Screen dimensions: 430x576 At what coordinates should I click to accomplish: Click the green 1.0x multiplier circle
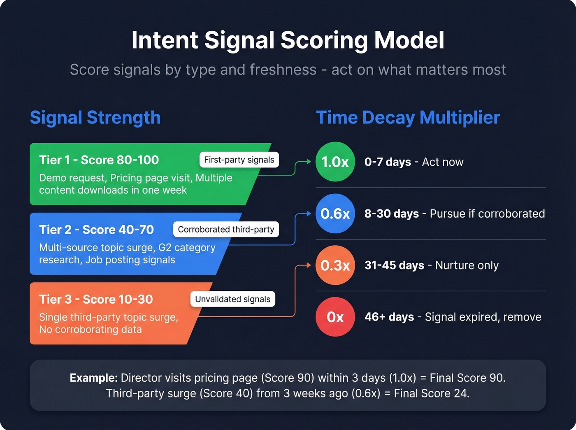(x=335, y=162)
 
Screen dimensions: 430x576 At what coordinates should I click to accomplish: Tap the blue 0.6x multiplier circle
(x=335, y=214)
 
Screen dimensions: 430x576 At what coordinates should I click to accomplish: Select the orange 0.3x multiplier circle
(x=335, y=265)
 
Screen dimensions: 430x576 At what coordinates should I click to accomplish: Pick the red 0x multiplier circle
(x=335, y=317)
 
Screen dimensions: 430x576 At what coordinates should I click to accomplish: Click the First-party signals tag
(x=239, y=160)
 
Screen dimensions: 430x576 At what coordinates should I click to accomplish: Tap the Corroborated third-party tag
(x=226, y=229)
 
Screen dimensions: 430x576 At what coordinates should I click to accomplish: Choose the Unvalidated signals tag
(x=232, y=299)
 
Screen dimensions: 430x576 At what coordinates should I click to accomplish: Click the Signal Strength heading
(x=95, y=118)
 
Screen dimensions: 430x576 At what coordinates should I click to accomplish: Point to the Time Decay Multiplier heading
(x=408, y=118)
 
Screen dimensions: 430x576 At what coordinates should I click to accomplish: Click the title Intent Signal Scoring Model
(x=288, y=40)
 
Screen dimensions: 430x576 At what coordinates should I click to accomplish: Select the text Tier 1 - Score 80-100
(x=99, y=160)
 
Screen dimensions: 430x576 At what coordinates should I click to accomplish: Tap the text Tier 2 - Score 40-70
(x=96, y=230)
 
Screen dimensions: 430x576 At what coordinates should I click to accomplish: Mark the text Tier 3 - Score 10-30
(x=96, y=299)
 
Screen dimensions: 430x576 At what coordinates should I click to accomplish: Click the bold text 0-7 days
(x=388, y=162)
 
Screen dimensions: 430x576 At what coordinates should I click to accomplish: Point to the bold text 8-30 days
(x=391, y=214)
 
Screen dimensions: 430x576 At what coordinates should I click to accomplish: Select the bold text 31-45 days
(x=394, y=265)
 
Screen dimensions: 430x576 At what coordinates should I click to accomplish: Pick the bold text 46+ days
(x=389, y=317)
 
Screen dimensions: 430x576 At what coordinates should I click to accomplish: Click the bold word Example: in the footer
(x=94, y=378)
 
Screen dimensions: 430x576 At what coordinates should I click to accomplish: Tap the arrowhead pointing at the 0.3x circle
(x=309, y=265)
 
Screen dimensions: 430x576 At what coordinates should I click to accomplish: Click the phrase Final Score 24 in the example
(x=430, y=393)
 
